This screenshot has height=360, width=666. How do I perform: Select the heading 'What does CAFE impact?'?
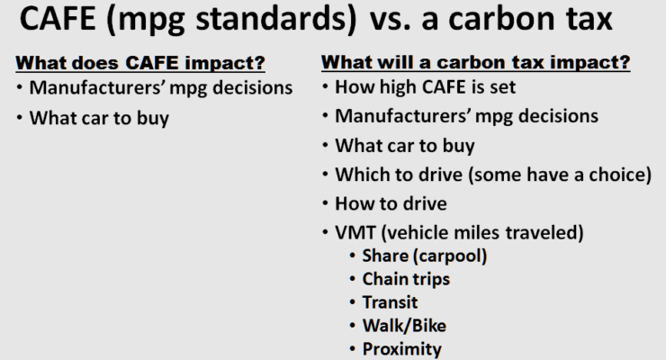click(140, 63)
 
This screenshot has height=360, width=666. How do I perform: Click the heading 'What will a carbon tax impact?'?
click(476, 62)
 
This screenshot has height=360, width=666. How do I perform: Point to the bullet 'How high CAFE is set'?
click(425, 87)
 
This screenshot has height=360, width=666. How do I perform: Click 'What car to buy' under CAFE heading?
click(99, 118)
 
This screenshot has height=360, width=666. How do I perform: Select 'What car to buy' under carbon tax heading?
click(405, 146)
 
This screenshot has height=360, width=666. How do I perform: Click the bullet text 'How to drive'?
click(391, 203)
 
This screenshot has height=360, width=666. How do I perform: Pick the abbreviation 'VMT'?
click(355, 232)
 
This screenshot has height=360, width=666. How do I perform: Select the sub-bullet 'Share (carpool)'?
click(424, 256)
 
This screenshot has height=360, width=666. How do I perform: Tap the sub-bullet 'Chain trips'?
click(406, 279)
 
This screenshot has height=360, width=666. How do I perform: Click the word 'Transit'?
click(390, 302)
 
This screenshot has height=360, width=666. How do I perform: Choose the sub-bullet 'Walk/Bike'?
click(404, 326)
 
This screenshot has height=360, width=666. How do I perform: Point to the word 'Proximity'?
click(401, 349)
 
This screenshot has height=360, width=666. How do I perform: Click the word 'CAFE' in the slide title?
click(58, 19)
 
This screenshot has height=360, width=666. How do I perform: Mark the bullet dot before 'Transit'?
click(352, 302)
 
